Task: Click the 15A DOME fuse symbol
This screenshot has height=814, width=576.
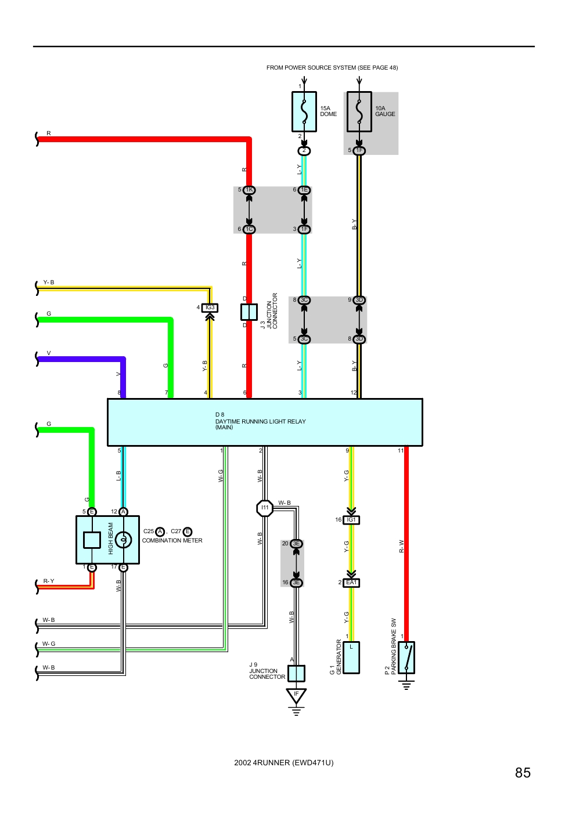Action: pyautogui.click(x=304, y=112)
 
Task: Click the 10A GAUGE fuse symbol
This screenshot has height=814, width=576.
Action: pyautogui.click(x=359, y=112)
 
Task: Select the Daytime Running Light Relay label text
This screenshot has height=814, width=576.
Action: pyautogui.click(x=260, y=421)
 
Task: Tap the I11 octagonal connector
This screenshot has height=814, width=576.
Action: pyautogui.click(x=265, y=508)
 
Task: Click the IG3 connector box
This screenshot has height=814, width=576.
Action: pyautogui.click(x=210, y=308)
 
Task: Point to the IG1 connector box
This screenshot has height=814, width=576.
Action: pyautogui.click(x=351, y=520)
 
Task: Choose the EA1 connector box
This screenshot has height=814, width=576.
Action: pyautogui.click(x=351, y=583)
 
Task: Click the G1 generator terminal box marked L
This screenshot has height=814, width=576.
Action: pyautogui.click(x=351, y=657)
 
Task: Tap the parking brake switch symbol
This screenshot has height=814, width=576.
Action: pyautogui.click(x=406, y=657)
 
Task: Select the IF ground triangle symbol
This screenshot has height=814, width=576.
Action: pyautogui.click(x=296, y=695)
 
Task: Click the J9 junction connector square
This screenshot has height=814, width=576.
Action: pyautogui.click(x=296, y=673)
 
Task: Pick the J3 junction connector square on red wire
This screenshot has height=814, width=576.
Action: pyautogui.click(x=249, y=312)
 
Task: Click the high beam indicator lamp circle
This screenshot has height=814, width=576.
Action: pyautogui.click(x=123, y=540)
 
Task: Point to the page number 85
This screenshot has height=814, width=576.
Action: pyautogui.click(x=522, y=773)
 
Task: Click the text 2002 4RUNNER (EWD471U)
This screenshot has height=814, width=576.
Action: pyautogui.click(x=284, y=762)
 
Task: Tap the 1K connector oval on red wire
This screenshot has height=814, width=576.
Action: pyautogui.click(x=249, y=190)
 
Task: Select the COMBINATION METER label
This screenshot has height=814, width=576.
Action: pyautogui.click(x=172, y=540)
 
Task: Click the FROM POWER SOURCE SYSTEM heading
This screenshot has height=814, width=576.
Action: pyautogui.click(x=332, y=68)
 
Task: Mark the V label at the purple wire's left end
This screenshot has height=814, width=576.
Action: pyautogui.click(x=49, y=353)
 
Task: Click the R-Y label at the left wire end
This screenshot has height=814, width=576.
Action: pyautogui.click(x=49, y=581)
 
